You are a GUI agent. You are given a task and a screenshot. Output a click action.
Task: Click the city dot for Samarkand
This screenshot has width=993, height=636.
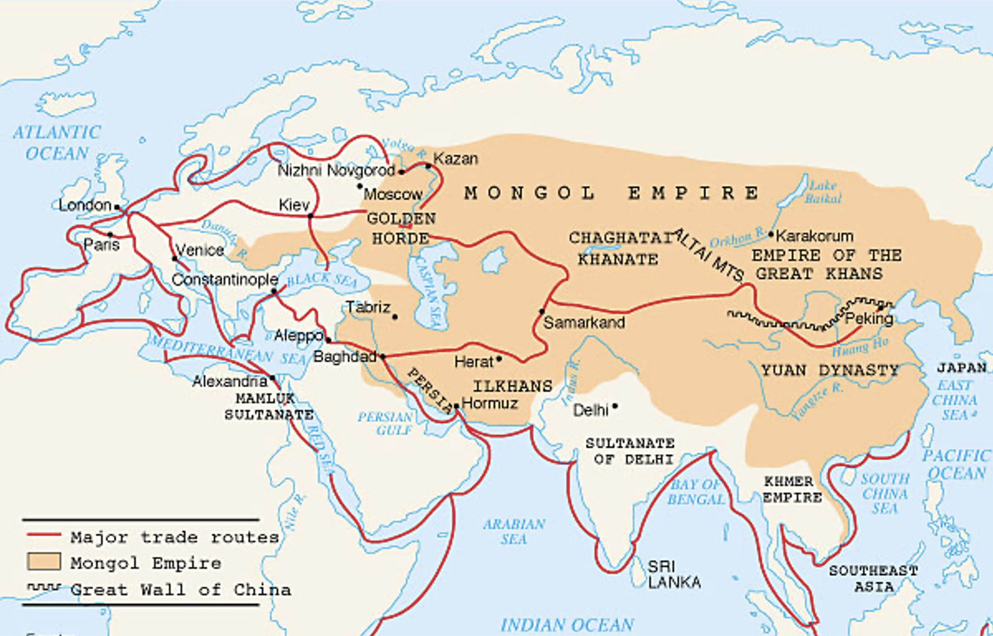coord(542,311)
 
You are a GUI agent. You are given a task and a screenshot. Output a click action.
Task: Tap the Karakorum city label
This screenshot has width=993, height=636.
coord(814,236)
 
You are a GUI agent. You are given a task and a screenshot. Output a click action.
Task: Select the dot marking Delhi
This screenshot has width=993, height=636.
coord(615,406)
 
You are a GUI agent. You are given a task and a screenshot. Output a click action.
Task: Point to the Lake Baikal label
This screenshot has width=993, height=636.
coord(823,192)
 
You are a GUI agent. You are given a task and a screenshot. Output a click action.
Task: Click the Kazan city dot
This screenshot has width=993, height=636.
coord(428,166)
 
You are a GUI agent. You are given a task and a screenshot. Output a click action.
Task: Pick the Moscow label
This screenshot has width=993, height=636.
coord(393,194)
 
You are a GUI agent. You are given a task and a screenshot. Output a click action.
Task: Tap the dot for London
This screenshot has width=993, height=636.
coord(117,207)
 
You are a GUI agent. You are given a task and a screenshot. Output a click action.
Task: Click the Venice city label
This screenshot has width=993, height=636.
coord(200,250)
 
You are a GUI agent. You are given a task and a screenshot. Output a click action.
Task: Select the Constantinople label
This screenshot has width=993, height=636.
coord(225,280)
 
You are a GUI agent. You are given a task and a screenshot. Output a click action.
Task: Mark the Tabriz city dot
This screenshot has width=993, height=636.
coord(395,317)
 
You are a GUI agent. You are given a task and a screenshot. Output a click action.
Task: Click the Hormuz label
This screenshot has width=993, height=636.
coord(489,403)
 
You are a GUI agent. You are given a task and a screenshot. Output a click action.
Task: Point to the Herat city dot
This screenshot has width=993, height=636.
coord(499,359)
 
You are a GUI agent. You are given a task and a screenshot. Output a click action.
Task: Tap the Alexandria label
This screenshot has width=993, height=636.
coord(230,381)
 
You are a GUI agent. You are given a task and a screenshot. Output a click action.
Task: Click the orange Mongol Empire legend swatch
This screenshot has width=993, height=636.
coord(44,562)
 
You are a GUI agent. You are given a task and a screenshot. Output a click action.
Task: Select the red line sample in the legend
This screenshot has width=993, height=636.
coord(44,535)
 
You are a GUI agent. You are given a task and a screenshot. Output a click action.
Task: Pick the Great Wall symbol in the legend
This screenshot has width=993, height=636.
coord(44,586)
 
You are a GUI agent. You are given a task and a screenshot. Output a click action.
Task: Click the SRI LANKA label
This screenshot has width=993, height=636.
coord(674,574)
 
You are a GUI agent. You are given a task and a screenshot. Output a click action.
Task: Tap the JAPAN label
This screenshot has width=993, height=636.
coord(962,367)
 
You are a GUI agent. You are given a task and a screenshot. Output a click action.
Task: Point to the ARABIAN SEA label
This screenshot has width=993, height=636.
coord(514,532)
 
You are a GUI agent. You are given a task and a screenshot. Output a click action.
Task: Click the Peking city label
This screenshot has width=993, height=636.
coord(869,319)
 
